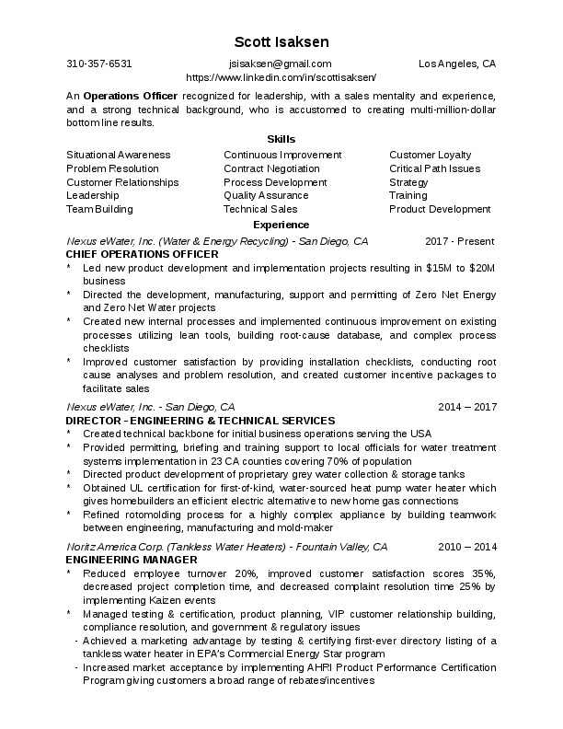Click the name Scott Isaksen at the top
(x=281, y=42)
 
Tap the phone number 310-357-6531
(x=99, y=64)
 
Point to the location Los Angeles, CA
(x=457, y=64)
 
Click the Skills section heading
(x=281, y=139)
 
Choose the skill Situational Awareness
(x=119, y=155)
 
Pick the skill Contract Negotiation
(x=271, y=168)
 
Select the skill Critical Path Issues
(x=434, y=168)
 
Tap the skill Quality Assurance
(x=266, y=195)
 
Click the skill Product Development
(x=440, y=209)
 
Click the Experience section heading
(x=281, y=225)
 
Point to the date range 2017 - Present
(x=461, y=240)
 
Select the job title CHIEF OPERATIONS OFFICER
(x=143, y=253)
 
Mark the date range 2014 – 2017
(x=466, y=406)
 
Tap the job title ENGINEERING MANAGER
(x=132, y=559)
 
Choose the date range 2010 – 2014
(x=466, y=547)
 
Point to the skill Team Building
(x=99, y=209)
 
